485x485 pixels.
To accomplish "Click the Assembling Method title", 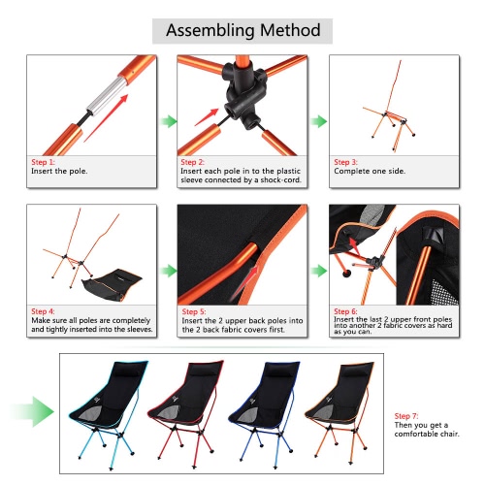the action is tap(242, 31).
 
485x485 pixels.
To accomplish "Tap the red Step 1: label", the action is tap(43, 162).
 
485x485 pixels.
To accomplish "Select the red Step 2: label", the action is tap(192, 162).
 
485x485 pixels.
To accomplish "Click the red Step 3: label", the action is tap(345, 162).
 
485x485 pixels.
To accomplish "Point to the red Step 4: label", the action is tap(43, 311).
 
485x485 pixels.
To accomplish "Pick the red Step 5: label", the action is tap(194, 311).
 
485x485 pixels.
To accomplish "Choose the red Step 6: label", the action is tap(345, 311).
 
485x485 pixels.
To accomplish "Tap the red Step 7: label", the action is tap(406, 416).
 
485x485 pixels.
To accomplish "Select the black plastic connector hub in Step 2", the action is tap(244, 94).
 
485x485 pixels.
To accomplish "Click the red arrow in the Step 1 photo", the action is tap(106, 118).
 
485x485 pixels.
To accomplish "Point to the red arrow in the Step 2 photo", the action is tap(207, 117).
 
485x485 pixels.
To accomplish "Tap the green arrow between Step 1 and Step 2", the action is tap(168, 121).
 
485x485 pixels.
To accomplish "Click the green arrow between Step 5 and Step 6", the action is tap(319, 271).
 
